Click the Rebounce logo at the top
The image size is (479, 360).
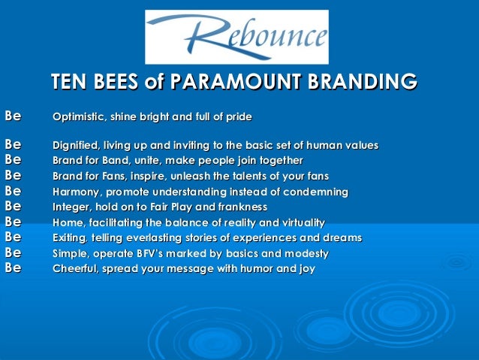[236, 36]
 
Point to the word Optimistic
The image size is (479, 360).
[77, 117]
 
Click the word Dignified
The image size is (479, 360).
[75, 145]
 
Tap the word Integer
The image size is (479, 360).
[71, 207]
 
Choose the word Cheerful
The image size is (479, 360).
[75, 268]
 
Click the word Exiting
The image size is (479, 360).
[71, 237]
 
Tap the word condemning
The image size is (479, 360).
[320, 192]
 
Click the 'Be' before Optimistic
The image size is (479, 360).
[12, 116]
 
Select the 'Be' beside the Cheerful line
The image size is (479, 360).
[12, 268]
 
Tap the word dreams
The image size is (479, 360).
[342, 237]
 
